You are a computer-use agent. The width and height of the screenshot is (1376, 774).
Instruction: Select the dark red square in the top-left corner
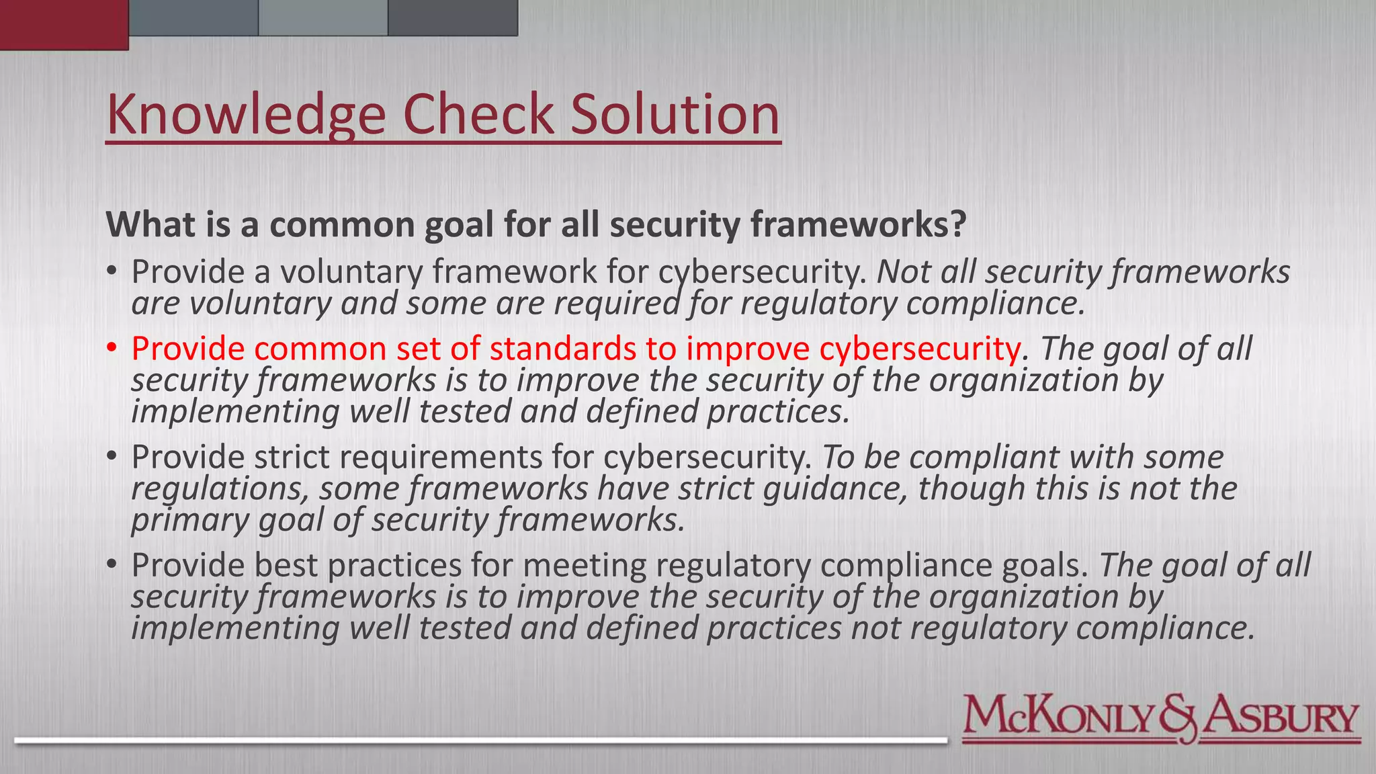64,25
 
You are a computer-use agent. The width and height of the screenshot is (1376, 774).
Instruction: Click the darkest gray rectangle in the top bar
453,17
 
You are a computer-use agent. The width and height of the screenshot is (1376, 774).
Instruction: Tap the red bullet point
112,348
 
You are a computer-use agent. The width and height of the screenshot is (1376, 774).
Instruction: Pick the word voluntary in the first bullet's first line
352,272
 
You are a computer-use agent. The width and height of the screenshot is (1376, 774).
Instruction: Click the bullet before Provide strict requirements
112,457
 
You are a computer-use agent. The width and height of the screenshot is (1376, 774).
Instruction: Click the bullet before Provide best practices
112,565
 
